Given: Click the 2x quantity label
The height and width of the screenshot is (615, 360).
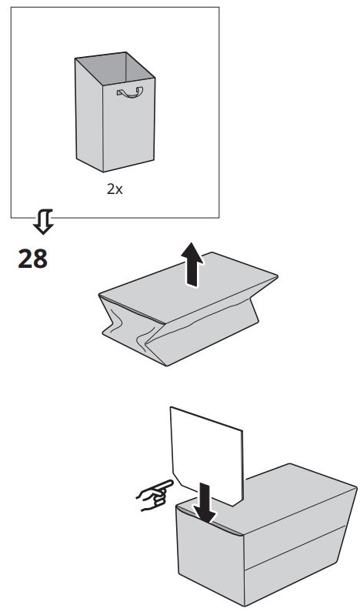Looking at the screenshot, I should (x=115, y=188).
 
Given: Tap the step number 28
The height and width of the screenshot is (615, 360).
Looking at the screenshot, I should (x=32, y=257).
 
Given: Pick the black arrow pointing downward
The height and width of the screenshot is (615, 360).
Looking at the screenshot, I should (x=203, y=500).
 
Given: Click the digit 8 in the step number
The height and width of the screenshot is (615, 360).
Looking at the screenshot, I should (x=40, y=257).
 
